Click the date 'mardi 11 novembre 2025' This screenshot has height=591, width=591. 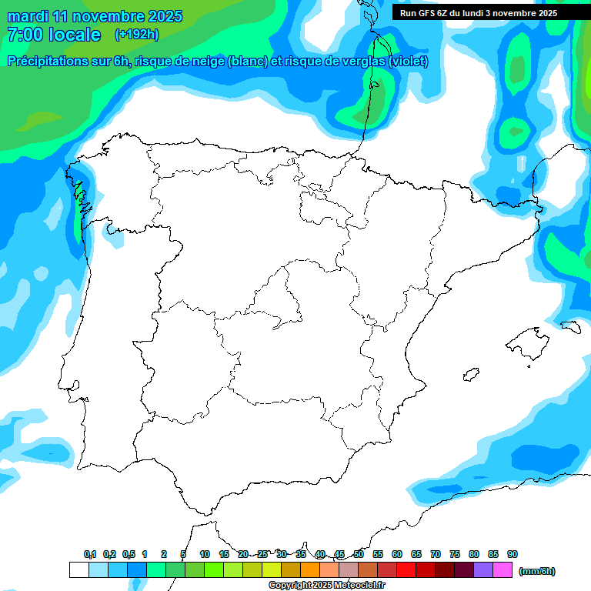point(95,16)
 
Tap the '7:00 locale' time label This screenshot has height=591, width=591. point(53,35)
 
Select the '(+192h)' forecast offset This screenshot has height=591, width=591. point(136,34)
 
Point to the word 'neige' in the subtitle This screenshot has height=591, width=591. point(206,62)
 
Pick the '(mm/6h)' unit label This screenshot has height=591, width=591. point(536,571)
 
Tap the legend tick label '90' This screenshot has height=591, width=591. point(513,554)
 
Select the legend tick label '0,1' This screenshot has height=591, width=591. point(90,554)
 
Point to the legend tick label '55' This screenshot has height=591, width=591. point(378,554)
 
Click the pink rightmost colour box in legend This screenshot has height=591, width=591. point(503,570)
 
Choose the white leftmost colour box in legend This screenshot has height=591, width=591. point(78,570)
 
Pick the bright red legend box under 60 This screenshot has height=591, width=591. point(406,570)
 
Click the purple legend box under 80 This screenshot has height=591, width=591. point(483,570)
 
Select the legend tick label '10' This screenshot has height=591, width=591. point(205,554)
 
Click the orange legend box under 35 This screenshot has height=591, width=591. point(310,570)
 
